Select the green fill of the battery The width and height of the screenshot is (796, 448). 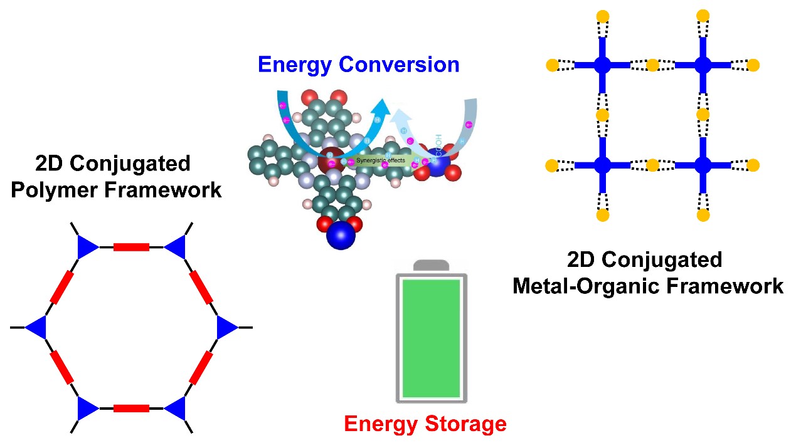[x=432, y=338]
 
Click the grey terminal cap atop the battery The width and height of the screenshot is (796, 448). [x=432, y=265]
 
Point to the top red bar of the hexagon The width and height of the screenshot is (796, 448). [x=131, y=247]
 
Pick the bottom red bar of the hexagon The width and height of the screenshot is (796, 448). [x=131, y=408]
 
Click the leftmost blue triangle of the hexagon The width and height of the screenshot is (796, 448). [x=38, y=327]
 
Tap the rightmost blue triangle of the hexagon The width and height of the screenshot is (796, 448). [x=226, y=327]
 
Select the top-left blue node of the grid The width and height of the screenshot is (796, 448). [x=602, y=65]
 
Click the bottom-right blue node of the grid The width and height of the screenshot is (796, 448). [x=703, y=165]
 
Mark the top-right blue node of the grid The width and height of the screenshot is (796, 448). [x=703, y=65]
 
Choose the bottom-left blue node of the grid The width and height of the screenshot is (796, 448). [x=602, y=165]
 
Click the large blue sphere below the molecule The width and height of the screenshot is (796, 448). [x=341, y=236]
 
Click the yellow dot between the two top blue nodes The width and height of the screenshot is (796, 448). [x=652, y=65]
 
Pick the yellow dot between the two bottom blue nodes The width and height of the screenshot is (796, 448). [x=652, y=165]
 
